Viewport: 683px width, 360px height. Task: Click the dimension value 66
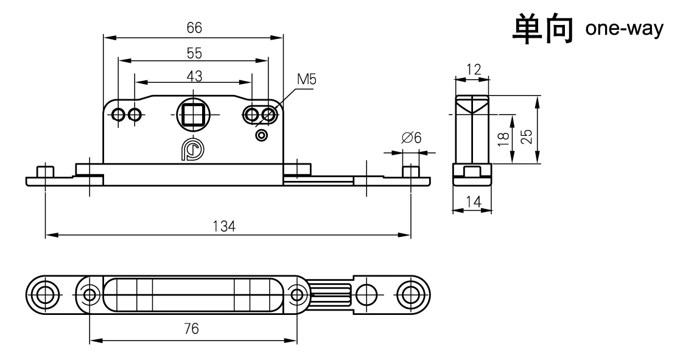(x=194, y=28)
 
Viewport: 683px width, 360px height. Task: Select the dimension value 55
(x=194, y=53)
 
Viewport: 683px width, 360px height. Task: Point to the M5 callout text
(x=307, y=79)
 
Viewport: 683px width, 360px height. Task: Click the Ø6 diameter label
(x=412, y=138)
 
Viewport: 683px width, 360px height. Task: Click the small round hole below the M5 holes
(x=262, y=135)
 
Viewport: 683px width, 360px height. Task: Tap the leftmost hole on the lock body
(x=119, y=115)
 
